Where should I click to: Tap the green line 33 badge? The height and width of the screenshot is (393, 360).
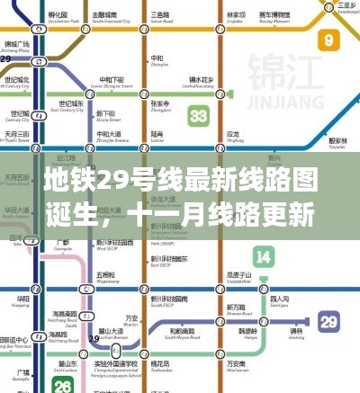(199, 116)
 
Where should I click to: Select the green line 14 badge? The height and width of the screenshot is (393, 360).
(263, 256)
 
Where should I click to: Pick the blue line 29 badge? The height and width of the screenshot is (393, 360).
(330, 321)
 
